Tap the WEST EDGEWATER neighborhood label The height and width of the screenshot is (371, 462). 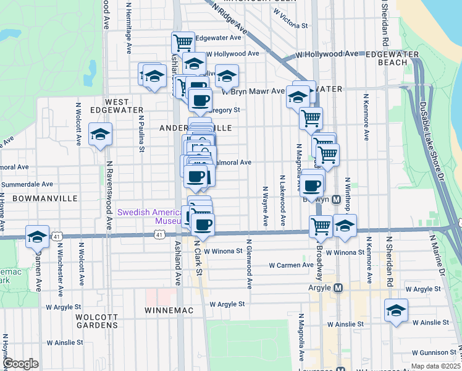(109, 106)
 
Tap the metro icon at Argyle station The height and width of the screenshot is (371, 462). (338, 288)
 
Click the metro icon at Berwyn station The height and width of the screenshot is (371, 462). (337, 200)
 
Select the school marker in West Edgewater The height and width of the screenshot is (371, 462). (100, 134)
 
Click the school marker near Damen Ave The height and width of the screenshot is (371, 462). (37, 236)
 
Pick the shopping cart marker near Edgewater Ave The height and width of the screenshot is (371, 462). (183, 42)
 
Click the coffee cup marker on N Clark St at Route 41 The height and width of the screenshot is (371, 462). (203, 224)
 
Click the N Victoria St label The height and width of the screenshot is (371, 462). (292, 26)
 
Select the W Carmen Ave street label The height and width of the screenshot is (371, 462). (291, 265)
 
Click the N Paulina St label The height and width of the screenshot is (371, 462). (141, 132)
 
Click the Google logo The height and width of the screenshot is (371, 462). (21, 364)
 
